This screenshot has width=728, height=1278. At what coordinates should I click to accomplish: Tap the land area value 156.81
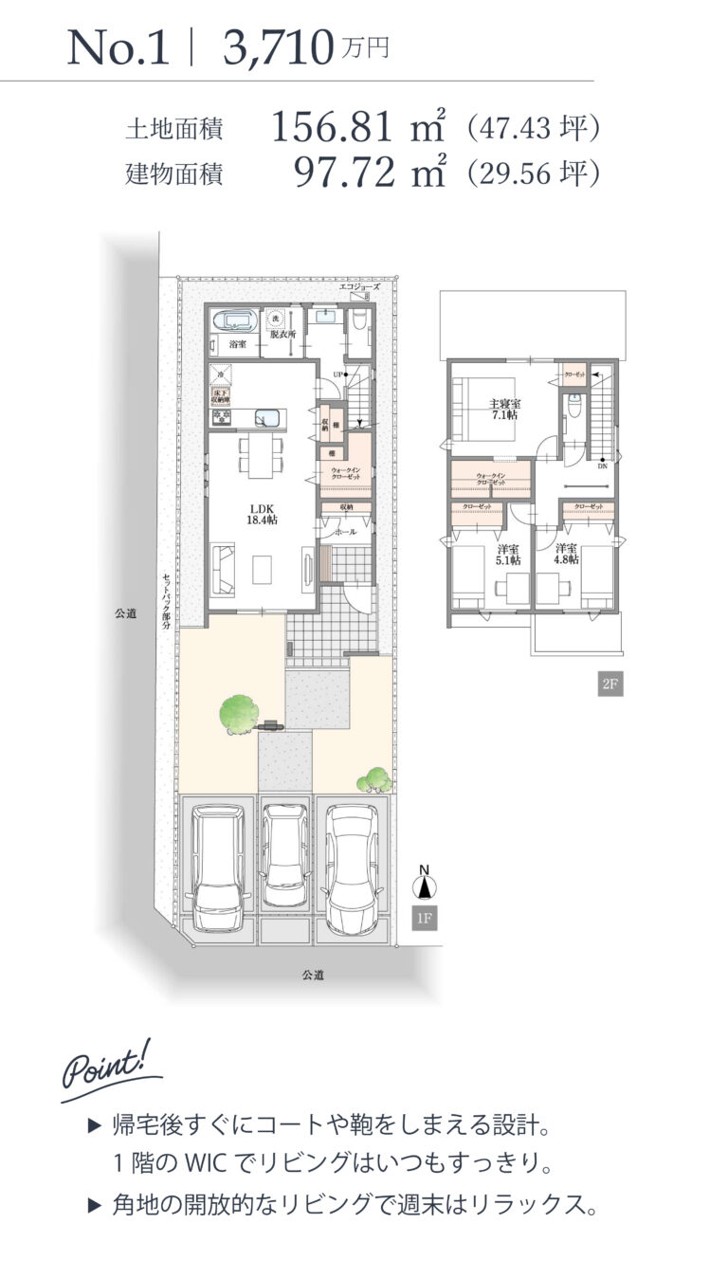pyautogui.click(x=331, y=128)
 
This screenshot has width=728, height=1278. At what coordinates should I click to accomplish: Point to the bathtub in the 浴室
pyautogui.click(x=233, y=320)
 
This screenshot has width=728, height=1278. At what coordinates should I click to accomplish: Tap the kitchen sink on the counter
pyautogui.click(x=266, y=418)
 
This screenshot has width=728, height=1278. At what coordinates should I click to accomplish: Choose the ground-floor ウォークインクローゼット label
pyautogui.click(x=344, y=474)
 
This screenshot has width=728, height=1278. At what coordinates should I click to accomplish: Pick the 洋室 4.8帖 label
pyautogui.click(x=567, y=555)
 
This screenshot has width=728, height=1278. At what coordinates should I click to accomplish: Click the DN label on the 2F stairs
pyautogui.click(x=602, y=465)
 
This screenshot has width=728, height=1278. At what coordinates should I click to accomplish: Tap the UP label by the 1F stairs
pyautogui.click(x=337, y=376)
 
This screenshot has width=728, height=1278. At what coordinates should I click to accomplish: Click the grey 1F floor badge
pyautogui.click(x=426, y=918)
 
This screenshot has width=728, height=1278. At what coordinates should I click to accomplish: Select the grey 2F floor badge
pyautogui.click(x=610, y=684)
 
